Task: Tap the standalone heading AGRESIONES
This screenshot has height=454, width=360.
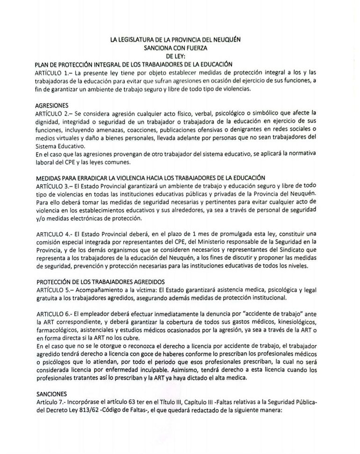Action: click(51, 105)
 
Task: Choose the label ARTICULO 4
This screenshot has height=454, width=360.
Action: click(52, 234)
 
